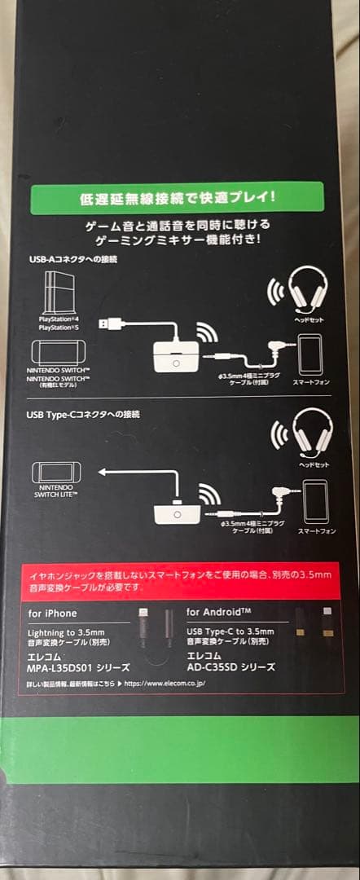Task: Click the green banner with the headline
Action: coord(176,198)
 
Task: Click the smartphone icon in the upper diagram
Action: coord(310,354)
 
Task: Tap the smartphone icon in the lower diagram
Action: coord(314,499)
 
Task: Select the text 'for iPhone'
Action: coord(53,611)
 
